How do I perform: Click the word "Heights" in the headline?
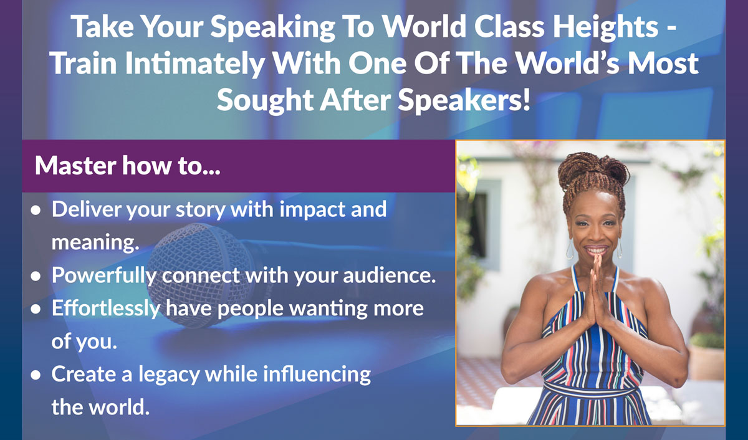[605, 27]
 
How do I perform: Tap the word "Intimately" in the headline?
[195, 64]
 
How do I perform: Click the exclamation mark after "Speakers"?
[526, 99]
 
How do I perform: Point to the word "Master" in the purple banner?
[75, 165]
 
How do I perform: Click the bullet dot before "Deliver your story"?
[36, 210]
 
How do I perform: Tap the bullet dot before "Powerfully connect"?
[36, 276]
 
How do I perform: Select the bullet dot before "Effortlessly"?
[36, 309]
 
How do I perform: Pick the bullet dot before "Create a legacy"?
[36, 375]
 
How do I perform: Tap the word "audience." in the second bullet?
[390, 275]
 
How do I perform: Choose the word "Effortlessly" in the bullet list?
[105, 308]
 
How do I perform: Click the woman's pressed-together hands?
[597, 290]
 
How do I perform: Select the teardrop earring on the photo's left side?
[569, 250]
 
